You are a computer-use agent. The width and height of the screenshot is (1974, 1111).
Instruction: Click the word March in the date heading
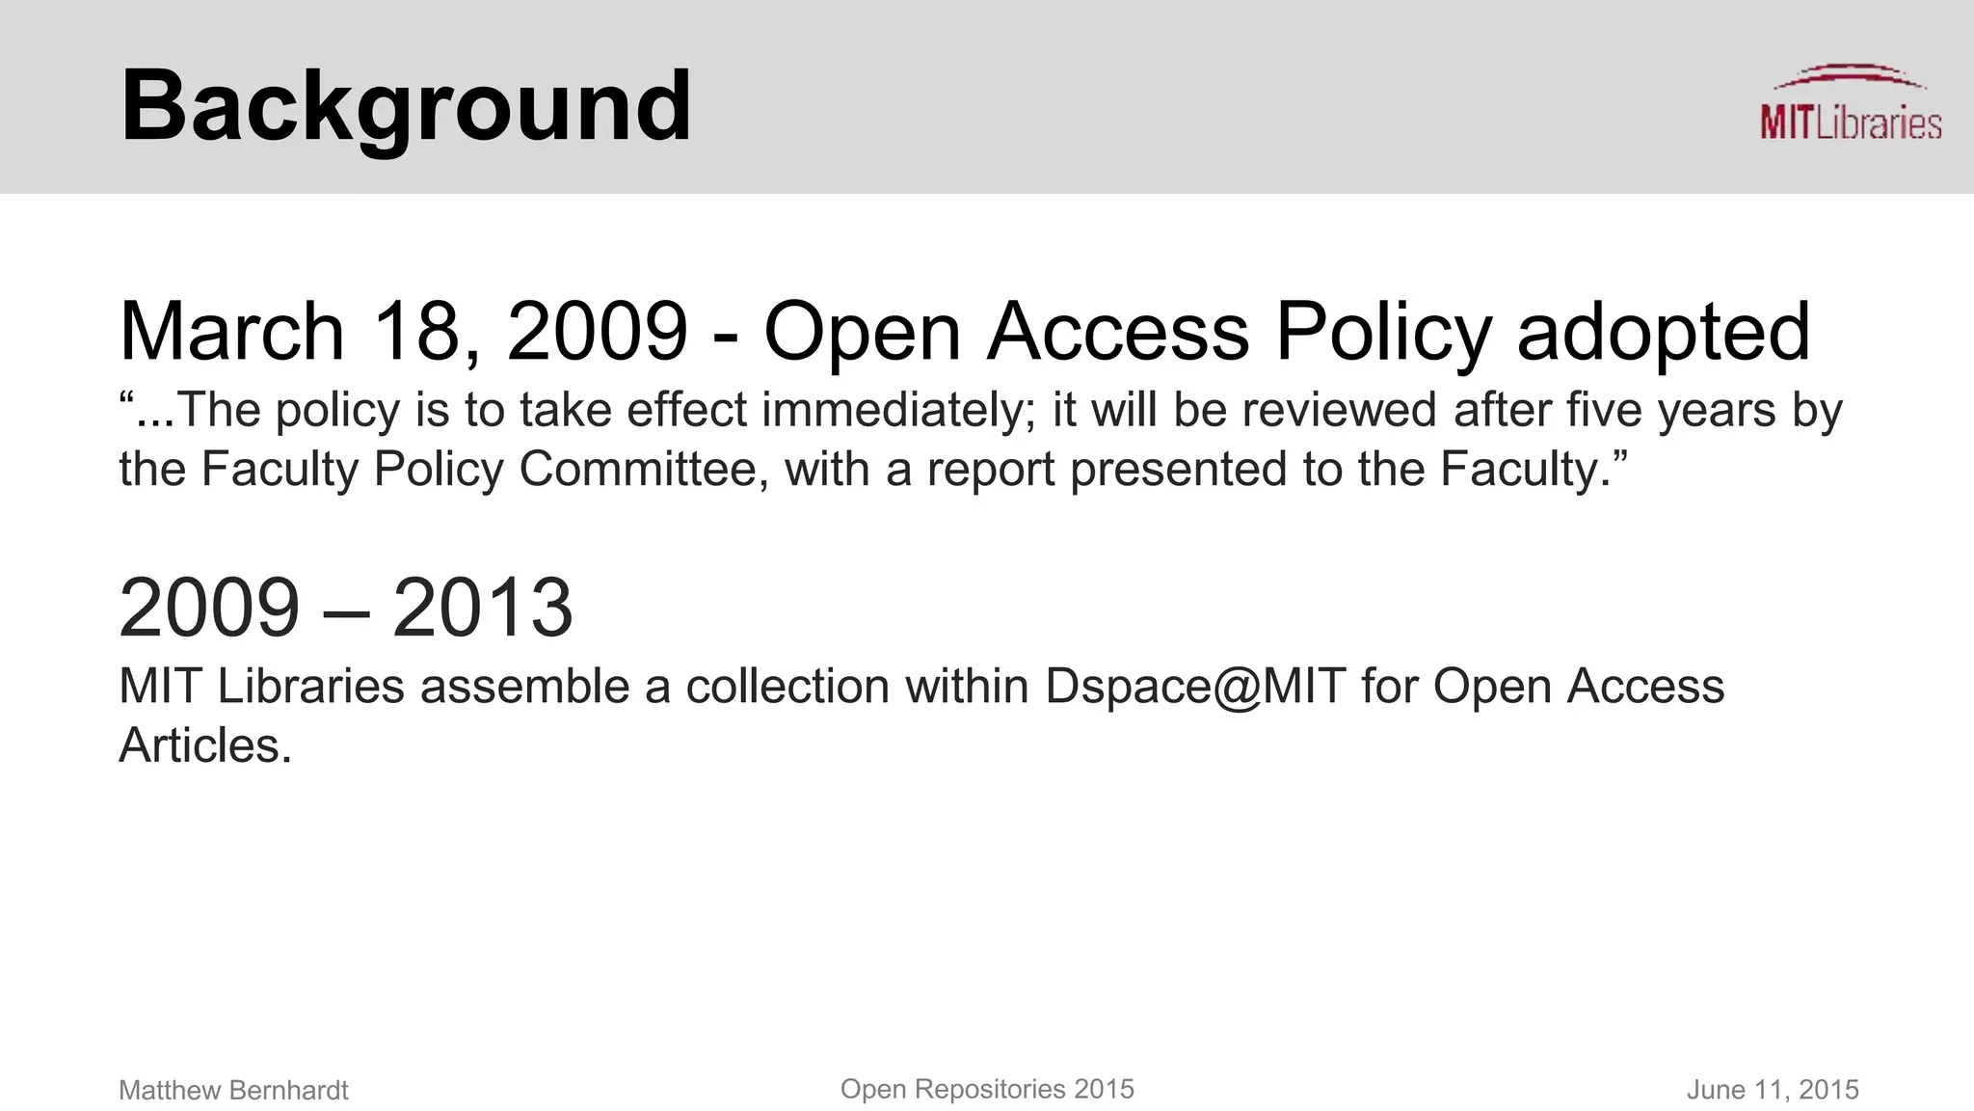(x=231, y=332)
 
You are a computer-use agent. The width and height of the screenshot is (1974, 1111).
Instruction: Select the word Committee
(x=643, y=470)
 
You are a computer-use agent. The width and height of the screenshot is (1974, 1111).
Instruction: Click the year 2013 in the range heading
(x=482, y=608)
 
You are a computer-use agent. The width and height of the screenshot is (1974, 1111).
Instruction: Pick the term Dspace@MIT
(x=1195, y=687)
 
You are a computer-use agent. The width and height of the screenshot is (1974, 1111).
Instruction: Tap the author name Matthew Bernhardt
(x=233, y=1090)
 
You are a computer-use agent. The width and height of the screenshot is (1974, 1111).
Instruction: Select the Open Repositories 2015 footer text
(x=987, y=1089)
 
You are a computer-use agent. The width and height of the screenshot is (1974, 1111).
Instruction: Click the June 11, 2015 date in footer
(x=1772, y=1090)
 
